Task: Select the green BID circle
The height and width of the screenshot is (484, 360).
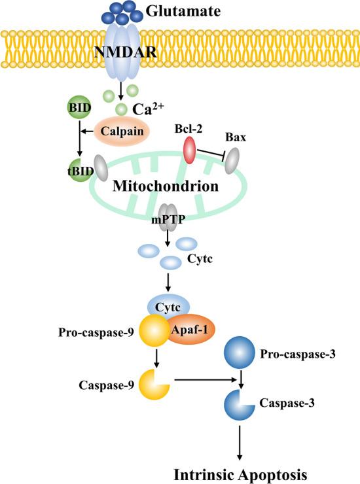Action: pos(79,107)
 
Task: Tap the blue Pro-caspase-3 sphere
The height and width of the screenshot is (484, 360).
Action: pos(240,354)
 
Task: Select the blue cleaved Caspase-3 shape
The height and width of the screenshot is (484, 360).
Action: pos(239,404)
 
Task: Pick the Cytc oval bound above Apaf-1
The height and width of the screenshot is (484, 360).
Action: pos(168,306)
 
